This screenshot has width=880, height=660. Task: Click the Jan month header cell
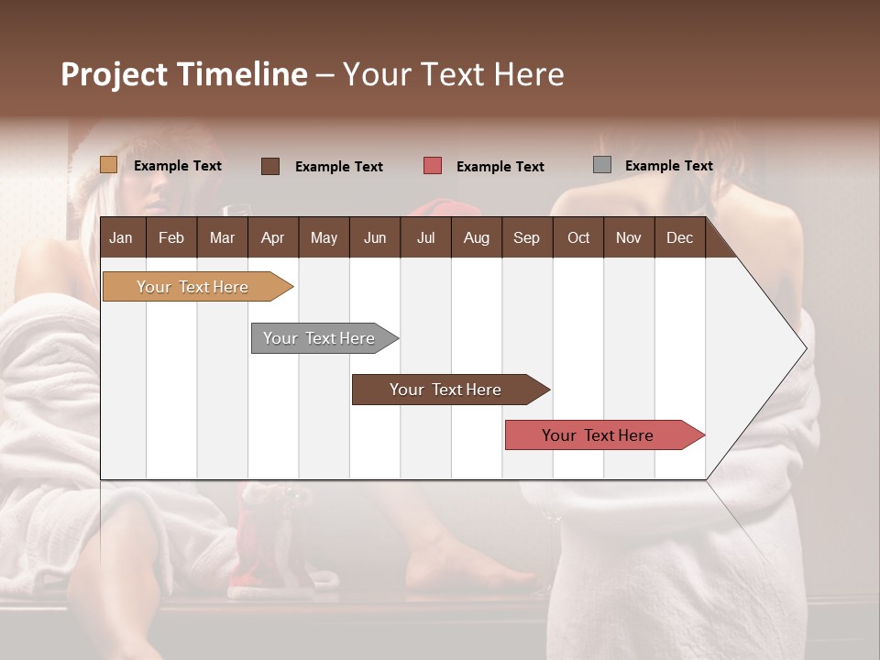(x=122, y=237)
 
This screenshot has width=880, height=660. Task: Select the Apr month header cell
(x=273, y=237)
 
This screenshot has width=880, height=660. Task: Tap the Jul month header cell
(x=425, y=237)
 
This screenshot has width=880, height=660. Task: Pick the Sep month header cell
(x=527, y=237)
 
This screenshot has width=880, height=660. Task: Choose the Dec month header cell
(x=679, y=237)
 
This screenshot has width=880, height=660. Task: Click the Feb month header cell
(x=171, y=237)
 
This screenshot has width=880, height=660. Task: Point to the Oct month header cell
(x=578, y=237)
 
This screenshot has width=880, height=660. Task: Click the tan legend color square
(x=109, y=165)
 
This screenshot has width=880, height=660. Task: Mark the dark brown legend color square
(x=270, y=166)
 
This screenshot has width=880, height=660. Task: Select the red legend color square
(x=433, y=166)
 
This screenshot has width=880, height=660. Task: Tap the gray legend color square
(x=602, y=165)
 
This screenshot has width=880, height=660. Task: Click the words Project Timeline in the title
(x=183, y=74)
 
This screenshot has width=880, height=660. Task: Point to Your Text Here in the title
(x=453, y=74)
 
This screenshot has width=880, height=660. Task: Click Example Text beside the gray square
(x=668, y=166)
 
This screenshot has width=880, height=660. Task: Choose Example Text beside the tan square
(x=178, y=166)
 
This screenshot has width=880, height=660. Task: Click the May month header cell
(x=324, y=237)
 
